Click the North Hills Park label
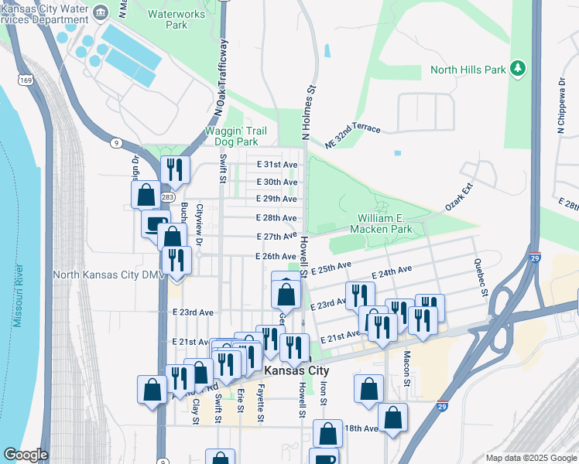pos(468,70)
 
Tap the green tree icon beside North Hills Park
pos(519,70)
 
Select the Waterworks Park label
pos(166,19)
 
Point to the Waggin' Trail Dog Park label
pos(231,136)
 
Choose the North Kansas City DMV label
pos(103,275)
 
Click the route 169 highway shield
pos(26,80)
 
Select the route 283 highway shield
pos(167,198)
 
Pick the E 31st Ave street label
pos(277,165)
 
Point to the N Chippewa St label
pos(560,107)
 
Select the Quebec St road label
pos(481,282)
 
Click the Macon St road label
pos(406,364)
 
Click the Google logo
pos(26,455)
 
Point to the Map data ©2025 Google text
pos(530,458)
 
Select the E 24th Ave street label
pos(392,272)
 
